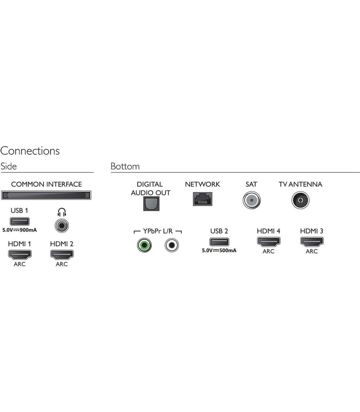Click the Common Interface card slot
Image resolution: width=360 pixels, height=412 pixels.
(46, 195)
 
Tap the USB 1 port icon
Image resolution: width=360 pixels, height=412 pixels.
(20, 222)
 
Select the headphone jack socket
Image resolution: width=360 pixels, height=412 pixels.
(62, 226)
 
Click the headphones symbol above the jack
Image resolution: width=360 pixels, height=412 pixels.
(62, 212)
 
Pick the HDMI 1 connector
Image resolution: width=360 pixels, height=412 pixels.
(20, 255)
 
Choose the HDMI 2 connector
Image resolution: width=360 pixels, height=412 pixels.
(62, 255)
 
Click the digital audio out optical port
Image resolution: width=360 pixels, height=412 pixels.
(151, 204)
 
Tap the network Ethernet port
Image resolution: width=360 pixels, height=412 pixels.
(202, 199)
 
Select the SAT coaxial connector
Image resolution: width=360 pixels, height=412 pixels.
(252, 200)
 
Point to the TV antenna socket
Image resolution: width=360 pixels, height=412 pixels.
(301, 200)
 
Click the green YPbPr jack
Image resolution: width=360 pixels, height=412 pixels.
(144, 245)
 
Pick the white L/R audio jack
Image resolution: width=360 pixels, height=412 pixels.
(172, 245)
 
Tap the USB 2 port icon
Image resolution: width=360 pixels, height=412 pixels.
(219, 242)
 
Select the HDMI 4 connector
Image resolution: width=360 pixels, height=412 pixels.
(269, 242)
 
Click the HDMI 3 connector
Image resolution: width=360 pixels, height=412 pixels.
(312, 242)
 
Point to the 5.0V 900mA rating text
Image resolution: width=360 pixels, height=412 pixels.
(19, 230)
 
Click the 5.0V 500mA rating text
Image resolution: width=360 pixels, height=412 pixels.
(219, 250)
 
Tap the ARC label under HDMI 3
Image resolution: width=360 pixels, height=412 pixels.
(312, 251)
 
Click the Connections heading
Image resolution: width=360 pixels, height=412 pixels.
(30, 151)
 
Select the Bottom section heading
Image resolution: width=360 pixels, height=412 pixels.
(125, 166)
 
